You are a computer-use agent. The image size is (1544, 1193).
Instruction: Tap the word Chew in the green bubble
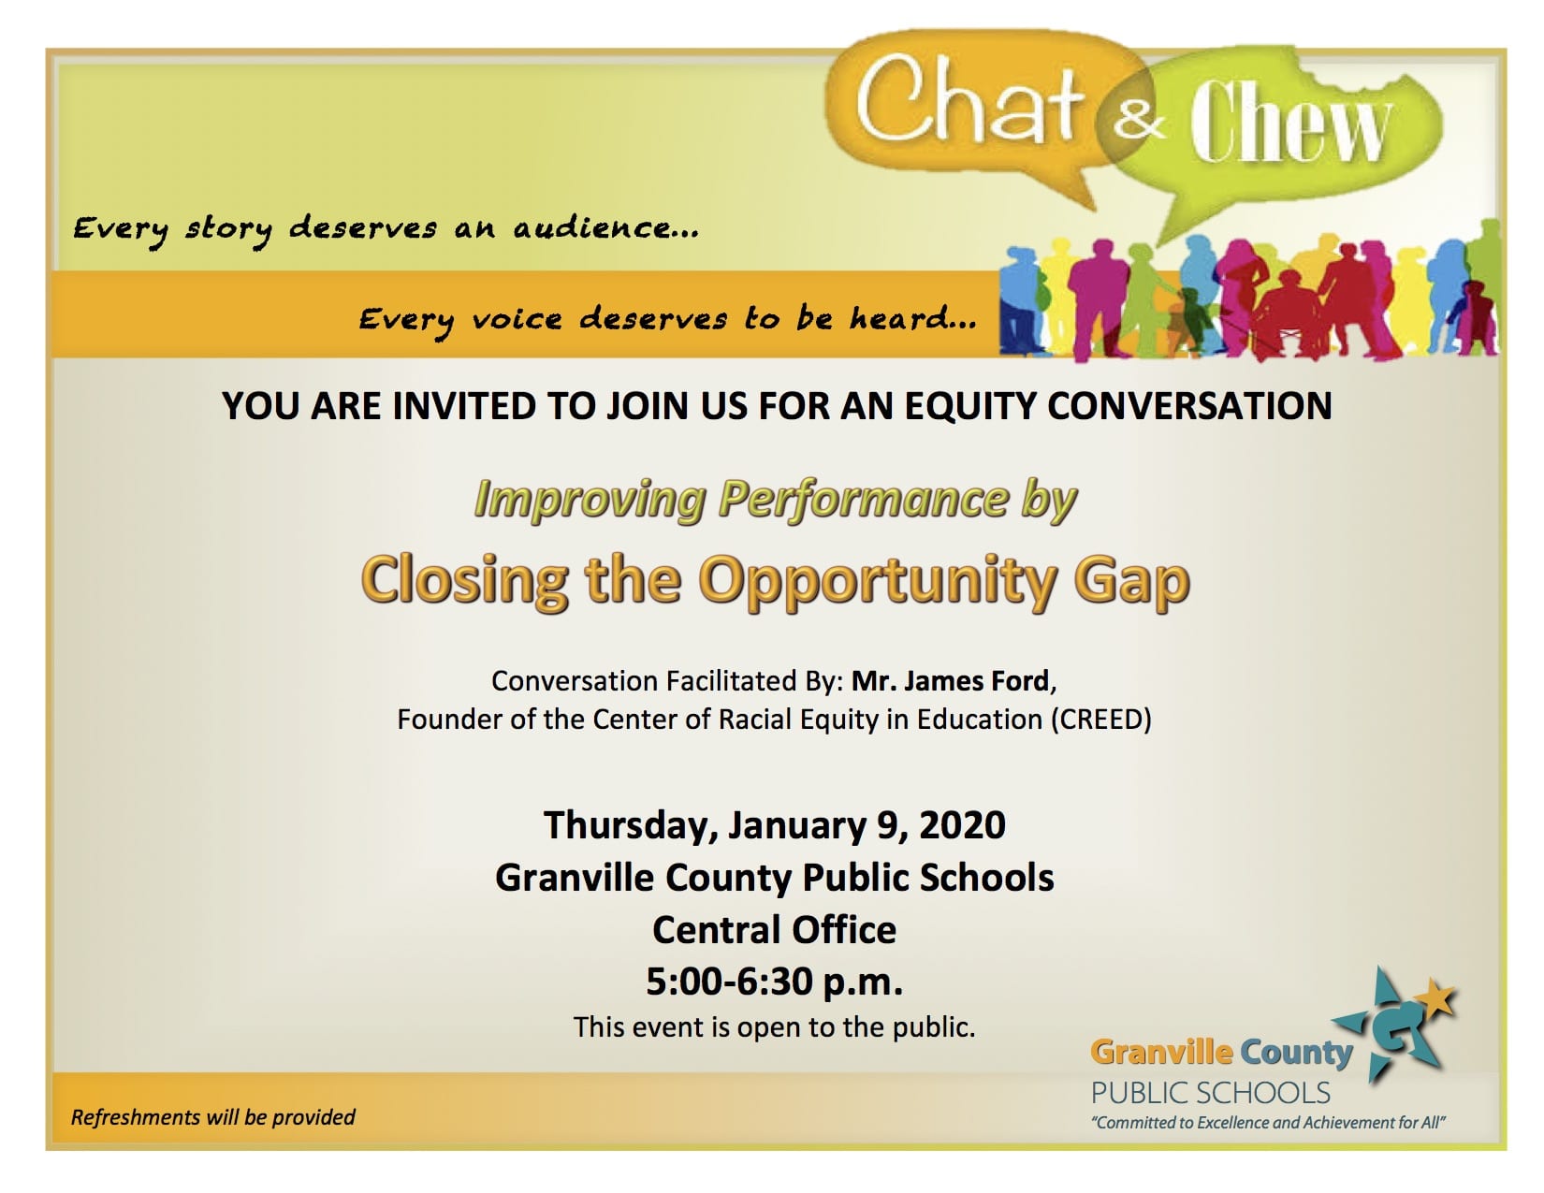pyautogui.click(x=1289, y=121)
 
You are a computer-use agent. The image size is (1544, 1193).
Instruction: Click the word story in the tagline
pyautogui.click(x=228, y=229)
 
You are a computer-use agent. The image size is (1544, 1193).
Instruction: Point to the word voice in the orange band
pyautogui.click(x=517, y=319)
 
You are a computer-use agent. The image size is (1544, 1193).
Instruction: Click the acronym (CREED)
pyautogui.click(x=1101, y=719)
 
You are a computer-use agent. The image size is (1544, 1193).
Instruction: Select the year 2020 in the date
pyautogui.click(x=962, y=825)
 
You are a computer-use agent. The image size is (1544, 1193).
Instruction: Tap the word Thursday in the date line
pyautogui.click(x=626, y=826)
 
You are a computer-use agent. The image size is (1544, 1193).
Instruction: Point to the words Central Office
pyautogui.click(x=775, y=929)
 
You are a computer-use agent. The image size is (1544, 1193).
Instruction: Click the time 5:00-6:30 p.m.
pyautogui.click(x=775, y=982)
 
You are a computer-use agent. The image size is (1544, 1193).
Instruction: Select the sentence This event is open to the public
pyautogui.click(x=775, y=1026)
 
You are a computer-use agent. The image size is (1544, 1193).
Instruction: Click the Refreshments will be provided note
pyautogui.click(x=212, y=1117)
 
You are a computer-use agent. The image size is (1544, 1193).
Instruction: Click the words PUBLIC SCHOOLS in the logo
pyautogui.click(x=1211, y=1093)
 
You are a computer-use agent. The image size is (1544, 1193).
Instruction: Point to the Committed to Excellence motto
pyautogui.click(x=1269, y=1123)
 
